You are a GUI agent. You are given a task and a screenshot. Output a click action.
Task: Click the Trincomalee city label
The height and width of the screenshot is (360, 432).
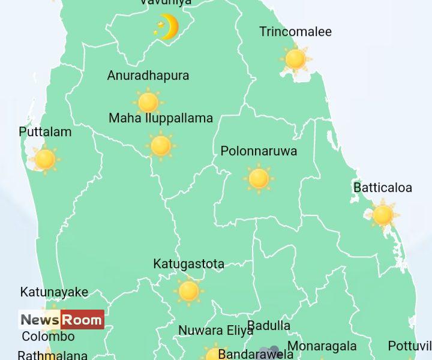coord(295,32)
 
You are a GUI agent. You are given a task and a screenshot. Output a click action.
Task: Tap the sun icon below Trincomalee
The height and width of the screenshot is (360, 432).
coord(295,59)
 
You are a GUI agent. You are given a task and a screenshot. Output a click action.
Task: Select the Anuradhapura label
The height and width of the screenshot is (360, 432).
coord(148,76)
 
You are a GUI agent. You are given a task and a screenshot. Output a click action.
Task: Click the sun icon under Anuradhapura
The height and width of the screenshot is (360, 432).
coord(148,102)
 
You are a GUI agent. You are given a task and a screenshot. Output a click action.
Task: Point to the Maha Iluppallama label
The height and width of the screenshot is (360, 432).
coord(161,118)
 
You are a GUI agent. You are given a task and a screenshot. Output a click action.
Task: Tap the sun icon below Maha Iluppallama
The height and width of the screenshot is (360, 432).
coord(161,145)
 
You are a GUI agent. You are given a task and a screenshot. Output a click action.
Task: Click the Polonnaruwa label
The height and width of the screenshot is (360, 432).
coord(259,151)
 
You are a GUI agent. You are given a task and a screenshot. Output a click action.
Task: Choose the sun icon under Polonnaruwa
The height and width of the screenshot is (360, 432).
coord(259,178)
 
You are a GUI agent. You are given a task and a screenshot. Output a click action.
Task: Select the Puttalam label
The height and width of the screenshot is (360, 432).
coord(45,132)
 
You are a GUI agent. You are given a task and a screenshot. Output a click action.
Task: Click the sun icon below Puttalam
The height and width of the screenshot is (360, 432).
coord(45,159)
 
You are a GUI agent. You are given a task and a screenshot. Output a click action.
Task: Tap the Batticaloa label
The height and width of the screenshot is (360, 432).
coord(383,188)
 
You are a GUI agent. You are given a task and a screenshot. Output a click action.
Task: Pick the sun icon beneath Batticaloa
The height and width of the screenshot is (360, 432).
coord(383,214)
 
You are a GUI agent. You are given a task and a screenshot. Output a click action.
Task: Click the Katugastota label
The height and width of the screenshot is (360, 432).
coord(188,264)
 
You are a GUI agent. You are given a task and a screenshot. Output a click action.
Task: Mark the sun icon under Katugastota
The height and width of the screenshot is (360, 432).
coord(188,291)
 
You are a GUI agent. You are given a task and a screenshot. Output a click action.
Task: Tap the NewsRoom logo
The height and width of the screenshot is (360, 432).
coord(61,320)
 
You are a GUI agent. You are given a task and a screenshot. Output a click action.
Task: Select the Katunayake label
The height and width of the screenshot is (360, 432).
coord(54,292)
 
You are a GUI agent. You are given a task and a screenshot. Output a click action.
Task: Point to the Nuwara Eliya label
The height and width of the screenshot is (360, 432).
coord(216,331)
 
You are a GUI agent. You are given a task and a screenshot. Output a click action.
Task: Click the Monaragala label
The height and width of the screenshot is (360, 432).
coord(322,346)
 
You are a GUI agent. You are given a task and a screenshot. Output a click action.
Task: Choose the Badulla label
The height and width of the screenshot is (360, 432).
coord(269,326)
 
